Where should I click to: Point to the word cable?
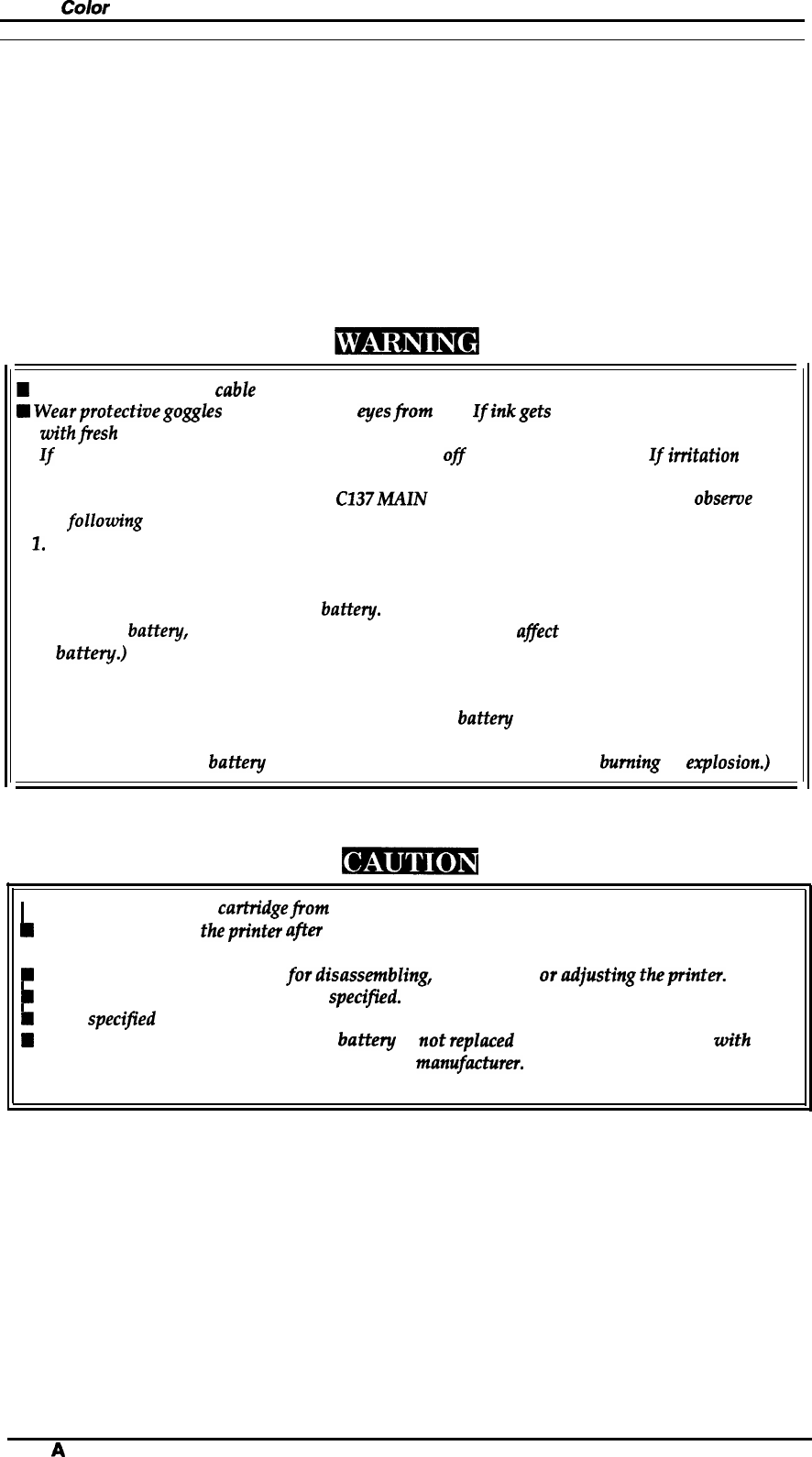pyautogui.click(x=235, y=390)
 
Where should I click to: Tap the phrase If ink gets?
pyautogui.click(x=511, y=411)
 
